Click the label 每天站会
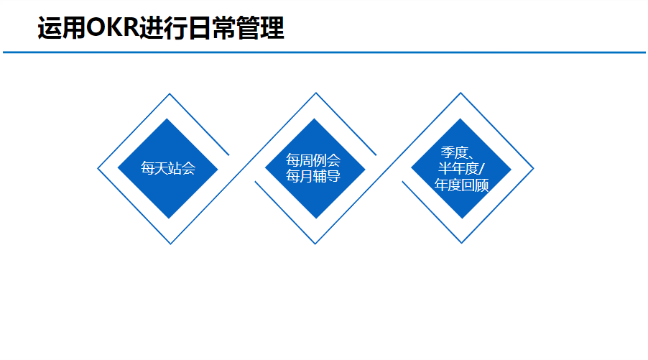pyautogui.click(x=168, y=169)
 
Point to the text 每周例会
pyautogui.click(x=313, y=160)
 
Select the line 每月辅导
pyautogui.click(x=313, y=175)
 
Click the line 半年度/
pyautogui.click(x=462, y=169)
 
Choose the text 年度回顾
pyautogui.click(x=461, y=185)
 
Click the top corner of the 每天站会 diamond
pyautogui.click(x=168, y=119)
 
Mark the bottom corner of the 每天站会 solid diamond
pyautogui.click(x=168, y=218)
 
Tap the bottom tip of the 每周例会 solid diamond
pyautogui.click(x=315, y=218)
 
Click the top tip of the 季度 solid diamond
pyautogui.click(x=461, y=119)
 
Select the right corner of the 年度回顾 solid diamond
pyautogui.click(x=511, y=169)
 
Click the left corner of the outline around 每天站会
pyautogui.click(x=98, y=169)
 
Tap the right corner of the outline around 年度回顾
pyautogui.click(x=533, y=169)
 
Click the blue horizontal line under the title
pyautogui.click(x=323, y=52)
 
